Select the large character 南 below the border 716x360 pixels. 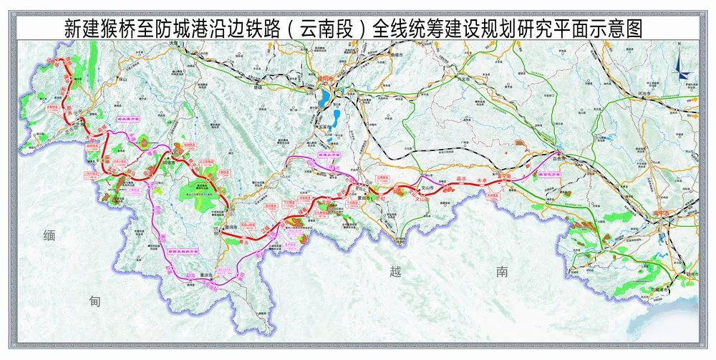tap(504, 271)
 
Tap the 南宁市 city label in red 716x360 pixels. tap(659, 213)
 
